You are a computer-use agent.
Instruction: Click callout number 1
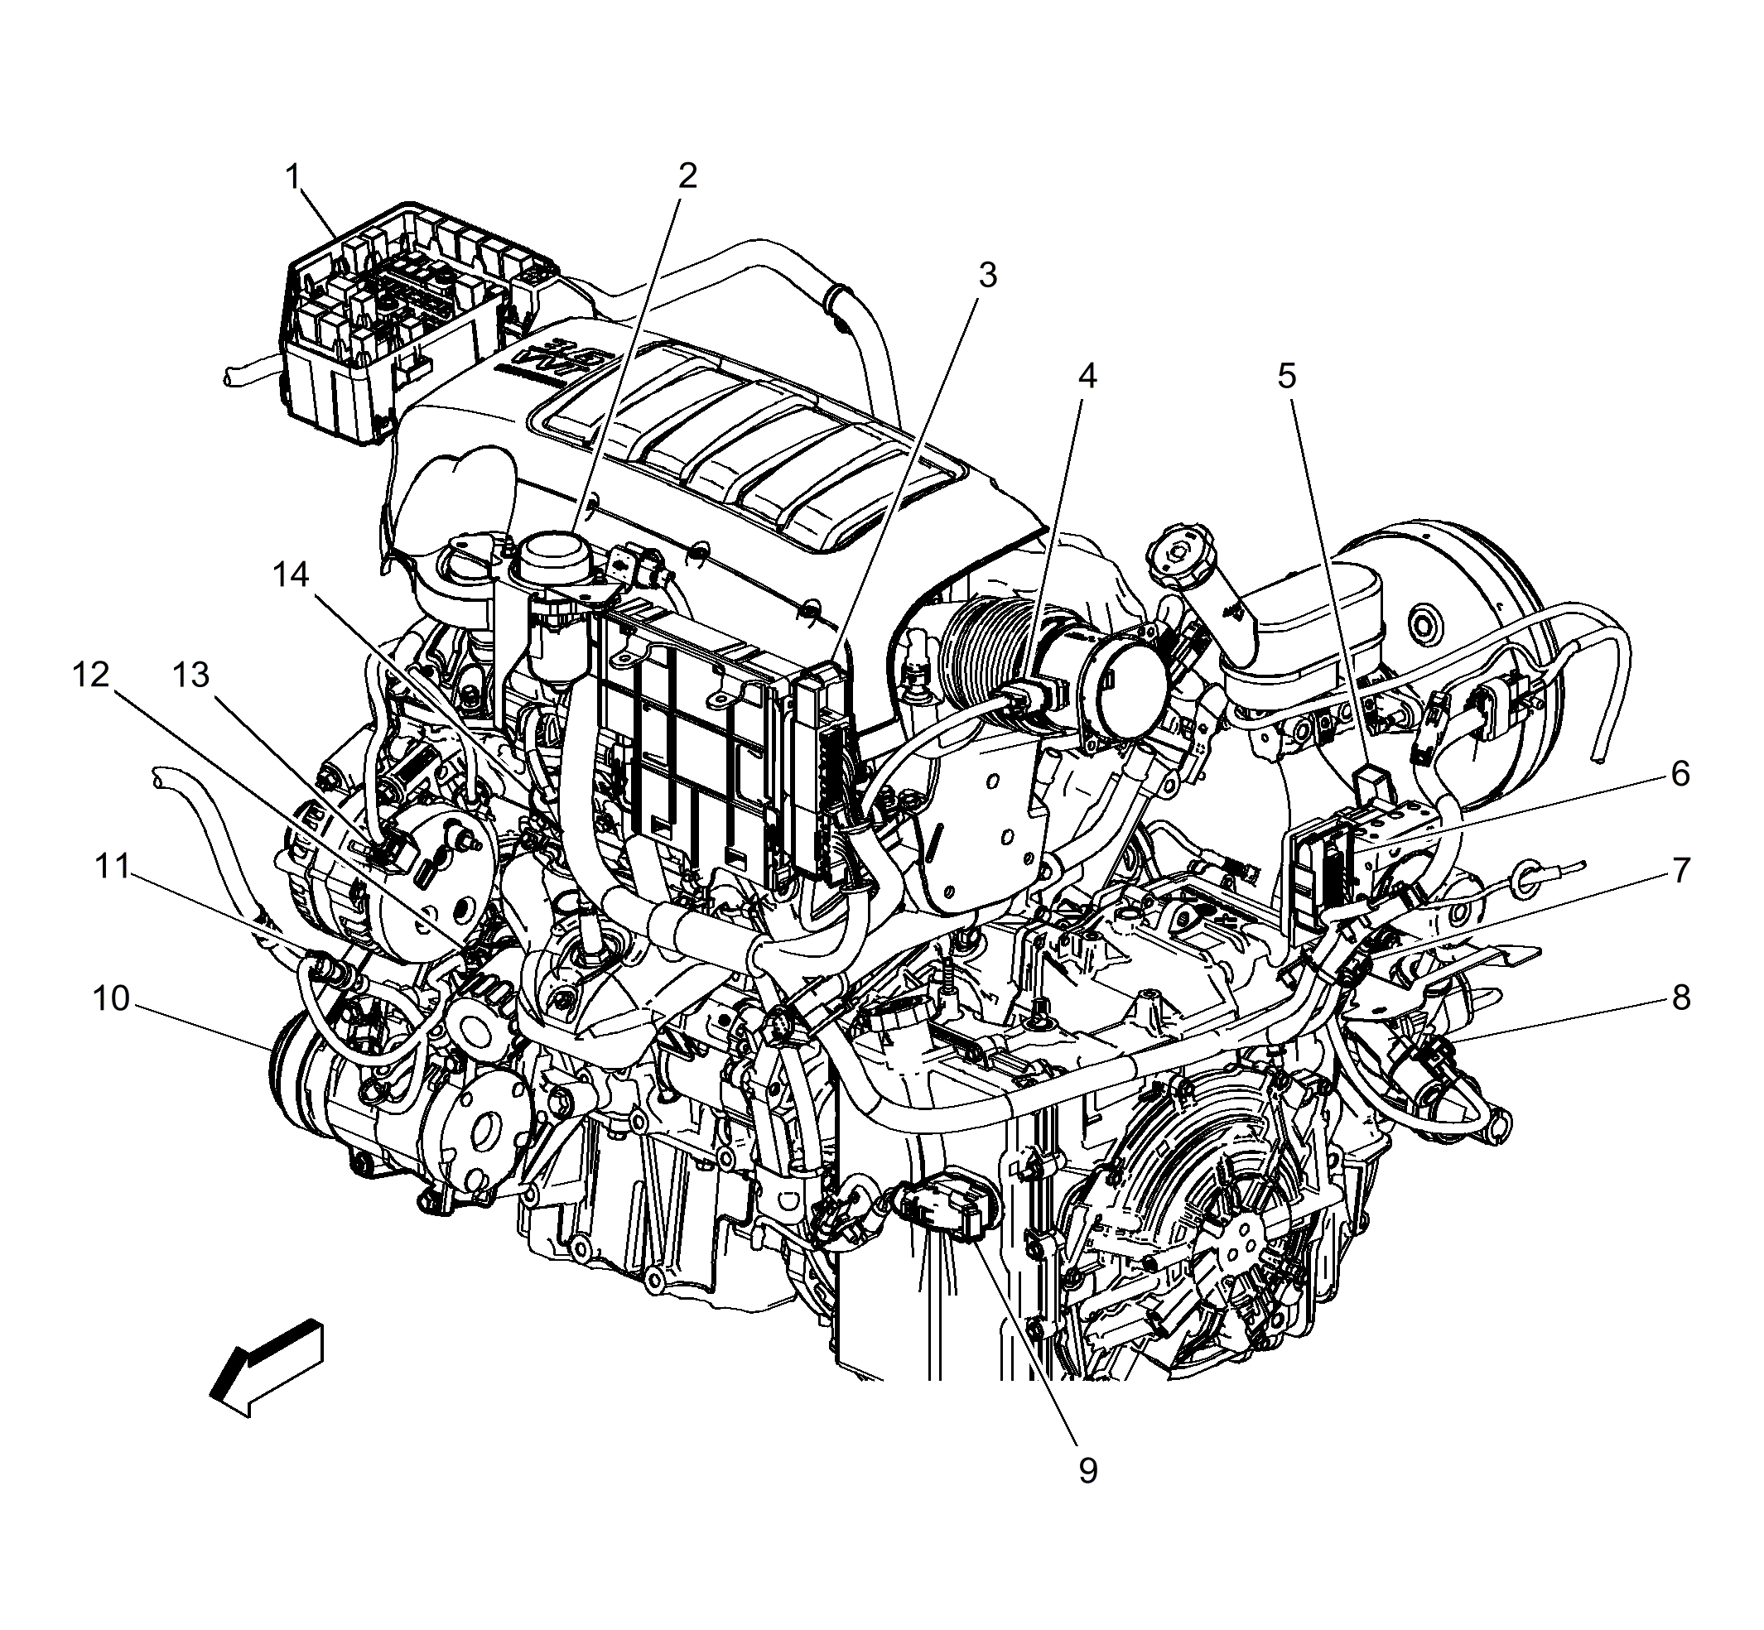[293, 177]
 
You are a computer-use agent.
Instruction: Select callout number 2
[687, 176]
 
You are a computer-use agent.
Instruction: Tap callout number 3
[987, 275]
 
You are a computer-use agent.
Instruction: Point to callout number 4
[1087, 377]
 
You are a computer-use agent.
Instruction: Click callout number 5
[1287, 377]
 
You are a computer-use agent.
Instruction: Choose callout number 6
[1680, 773]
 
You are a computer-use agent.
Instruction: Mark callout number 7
[1680, 871]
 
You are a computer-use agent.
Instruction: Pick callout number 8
[1680, 998]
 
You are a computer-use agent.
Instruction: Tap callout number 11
[112, 867]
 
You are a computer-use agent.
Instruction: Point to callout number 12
[91, 675]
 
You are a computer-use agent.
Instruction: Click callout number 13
[190, 675]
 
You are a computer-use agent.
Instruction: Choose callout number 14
[291, 575]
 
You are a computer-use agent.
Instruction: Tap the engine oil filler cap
[1183, 556]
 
